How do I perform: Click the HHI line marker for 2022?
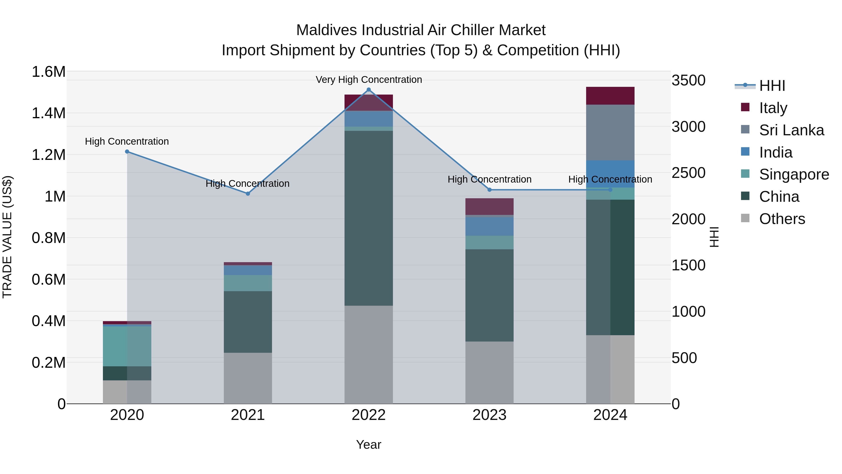point(369,90)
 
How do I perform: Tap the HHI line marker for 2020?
point(127,151)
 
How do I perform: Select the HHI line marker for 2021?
point(248,194)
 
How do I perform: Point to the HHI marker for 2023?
point(489,190)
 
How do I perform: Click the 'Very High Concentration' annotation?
point(369,80)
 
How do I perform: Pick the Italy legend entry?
point(773,108)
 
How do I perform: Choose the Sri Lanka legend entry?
point(791,130)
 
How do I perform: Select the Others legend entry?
point(782,219)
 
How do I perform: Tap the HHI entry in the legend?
point(772,86)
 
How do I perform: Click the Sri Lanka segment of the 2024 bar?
point(610,132)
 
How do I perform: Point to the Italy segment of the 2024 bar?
point(610,96)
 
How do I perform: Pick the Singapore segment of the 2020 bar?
point(127,346)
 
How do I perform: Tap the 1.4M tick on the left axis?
point(48,113)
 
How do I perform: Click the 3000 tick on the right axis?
point(688,127)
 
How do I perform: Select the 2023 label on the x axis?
point(489,415)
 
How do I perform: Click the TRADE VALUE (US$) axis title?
point(7,237)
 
